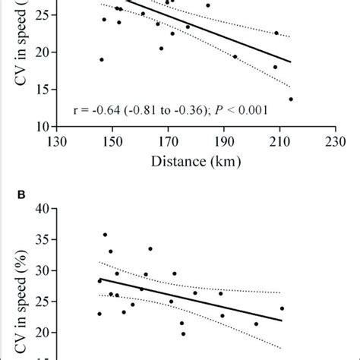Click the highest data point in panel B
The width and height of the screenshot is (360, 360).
coord(105,235)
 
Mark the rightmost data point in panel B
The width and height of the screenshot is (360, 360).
coord(282,308)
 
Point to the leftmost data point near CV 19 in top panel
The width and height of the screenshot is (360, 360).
coord(102,59)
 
